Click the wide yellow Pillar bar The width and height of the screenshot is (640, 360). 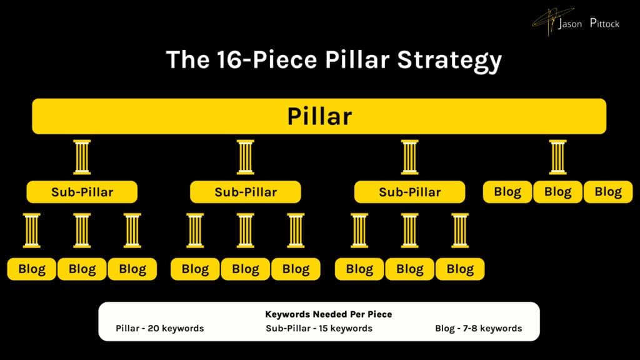319,116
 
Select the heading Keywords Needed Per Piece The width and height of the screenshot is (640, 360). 319,314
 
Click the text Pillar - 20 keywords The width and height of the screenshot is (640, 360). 160,328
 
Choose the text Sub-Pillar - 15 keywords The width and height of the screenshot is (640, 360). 319,328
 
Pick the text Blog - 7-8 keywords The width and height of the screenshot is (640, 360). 478,328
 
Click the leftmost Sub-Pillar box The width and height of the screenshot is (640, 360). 82,192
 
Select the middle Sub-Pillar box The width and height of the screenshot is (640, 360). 246,192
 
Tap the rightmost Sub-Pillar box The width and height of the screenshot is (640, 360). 409,192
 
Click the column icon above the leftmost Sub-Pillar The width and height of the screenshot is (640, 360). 82,157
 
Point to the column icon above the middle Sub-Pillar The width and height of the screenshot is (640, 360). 246,157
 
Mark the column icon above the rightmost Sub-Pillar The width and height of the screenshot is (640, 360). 409,157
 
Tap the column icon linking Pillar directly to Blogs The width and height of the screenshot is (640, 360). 557,157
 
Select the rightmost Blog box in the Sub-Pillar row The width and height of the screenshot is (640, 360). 608,192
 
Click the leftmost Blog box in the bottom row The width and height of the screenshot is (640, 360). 32,269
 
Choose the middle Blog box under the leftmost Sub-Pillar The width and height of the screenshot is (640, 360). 82,269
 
